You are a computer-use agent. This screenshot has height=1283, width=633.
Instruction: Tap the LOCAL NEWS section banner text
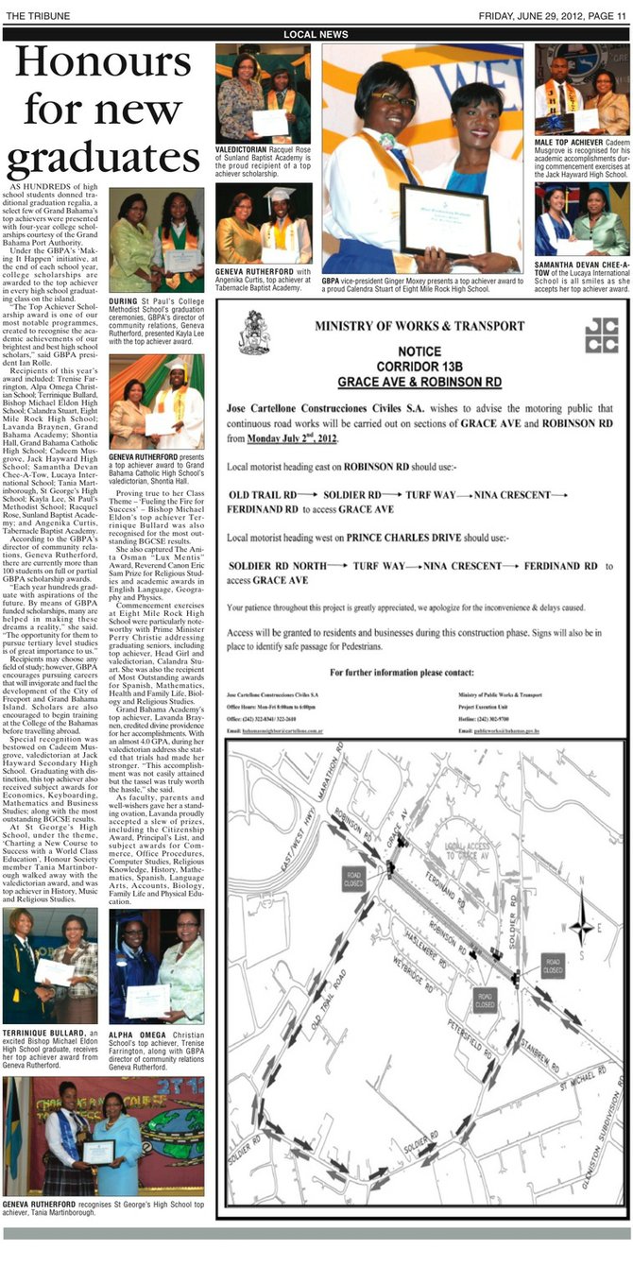tap(316, 34)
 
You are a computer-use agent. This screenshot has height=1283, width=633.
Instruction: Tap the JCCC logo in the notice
tap(600, 334)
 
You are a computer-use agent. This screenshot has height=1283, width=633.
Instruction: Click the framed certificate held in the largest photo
tap(443, 219)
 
